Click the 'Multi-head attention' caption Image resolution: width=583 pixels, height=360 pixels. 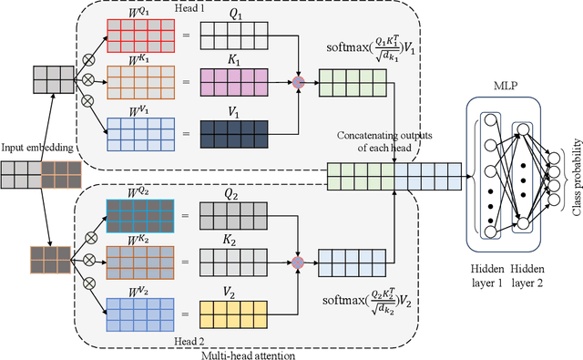coord(241,353)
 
